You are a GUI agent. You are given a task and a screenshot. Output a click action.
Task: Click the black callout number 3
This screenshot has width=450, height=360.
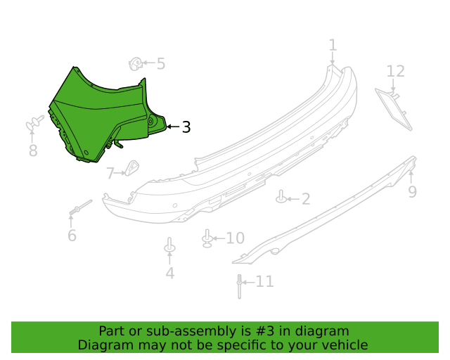coord(186,127)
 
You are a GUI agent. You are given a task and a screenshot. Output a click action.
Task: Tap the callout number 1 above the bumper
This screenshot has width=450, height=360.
coord(333,46)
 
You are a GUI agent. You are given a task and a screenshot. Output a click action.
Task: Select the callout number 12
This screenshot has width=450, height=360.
coord(396,71)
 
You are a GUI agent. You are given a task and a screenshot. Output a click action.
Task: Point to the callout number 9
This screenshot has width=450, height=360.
coord(413,191)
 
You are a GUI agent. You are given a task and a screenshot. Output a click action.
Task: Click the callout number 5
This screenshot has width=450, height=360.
coord(161,64)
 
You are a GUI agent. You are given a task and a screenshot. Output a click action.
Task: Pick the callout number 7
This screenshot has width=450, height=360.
coord(110,174)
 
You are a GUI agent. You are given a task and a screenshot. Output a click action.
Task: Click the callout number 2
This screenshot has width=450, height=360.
coord(306,199)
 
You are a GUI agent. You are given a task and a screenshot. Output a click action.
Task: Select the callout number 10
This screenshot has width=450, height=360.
coord(236,238)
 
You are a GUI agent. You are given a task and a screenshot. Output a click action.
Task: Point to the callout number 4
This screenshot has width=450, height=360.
coord(170,273)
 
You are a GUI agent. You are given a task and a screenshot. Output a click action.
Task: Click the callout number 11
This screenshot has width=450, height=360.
coord(264,281)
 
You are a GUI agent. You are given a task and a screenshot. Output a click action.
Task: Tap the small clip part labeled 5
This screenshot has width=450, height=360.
coord(136,64)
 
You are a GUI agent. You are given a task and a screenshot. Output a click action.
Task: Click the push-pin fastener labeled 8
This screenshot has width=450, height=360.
coord(34,123)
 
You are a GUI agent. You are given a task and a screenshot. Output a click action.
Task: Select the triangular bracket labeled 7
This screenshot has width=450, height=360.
coord(132,168)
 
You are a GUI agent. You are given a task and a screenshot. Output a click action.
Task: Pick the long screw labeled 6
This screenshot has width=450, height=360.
coord(81,207)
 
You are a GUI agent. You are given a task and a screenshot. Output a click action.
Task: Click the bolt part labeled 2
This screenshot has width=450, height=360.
coord(281,197)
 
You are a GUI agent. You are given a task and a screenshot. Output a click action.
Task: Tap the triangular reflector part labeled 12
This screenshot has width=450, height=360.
coord(394,110)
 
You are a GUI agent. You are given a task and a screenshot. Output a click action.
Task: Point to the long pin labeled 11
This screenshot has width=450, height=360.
coord(239,286)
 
